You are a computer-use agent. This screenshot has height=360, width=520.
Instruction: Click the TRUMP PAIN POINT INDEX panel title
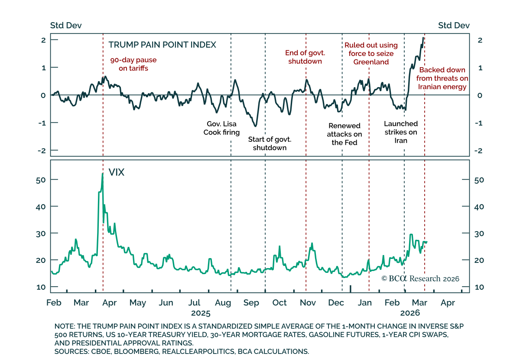[x=162, y=45]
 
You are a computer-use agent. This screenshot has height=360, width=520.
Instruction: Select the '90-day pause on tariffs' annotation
[x=133, y=64]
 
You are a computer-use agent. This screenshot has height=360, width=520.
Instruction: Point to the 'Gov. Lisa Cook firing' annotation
[x=221, y=128]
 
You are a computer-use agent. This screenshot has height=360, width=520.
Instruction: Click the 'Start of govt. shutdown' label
[x=270, y=144]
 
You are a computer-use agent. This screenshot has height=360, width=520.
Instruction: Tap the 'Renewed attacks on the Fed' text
[x=344, y=134]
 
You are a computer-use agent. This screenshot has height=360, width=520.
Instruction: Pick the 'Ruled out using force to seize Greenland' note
[x=371, y=53]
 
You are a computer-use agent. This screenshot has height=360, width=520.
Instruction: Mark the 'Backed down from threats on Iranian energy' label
[x=442, y=78]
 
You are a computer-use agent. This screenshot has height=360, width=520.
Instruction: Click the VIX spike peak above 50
[x=102, y=173]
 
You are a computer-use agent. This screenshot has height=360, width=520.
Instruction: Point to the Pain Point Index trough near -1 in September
[x=255, y=126]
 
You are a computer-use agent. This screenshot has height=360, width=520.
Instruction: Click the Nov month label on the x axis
[x=308, y=303]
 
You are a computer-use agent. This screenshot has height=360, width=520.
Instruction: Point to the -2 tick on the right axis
[x=476, y=151]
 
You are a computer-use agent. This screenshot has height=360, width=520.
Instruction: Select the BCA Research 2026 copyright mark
[x=420, y=279]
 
